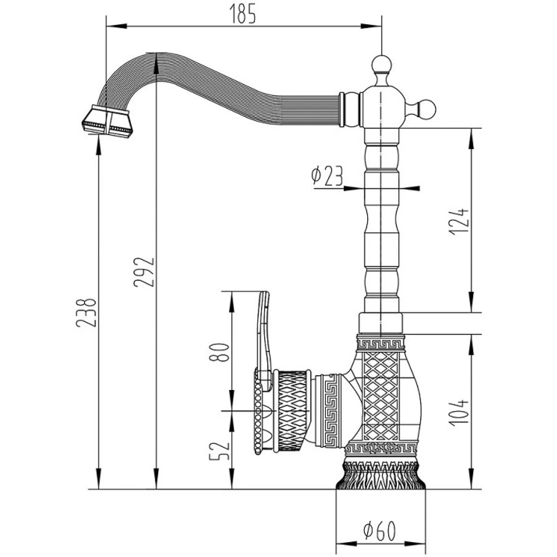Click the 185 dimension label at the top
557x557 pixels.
coord(243,13)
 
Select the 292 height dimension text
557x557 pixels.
coord(144,272)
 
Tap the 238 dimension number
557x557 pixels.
coord(86,313)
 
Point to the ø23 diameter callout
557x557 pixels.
coord(327,176)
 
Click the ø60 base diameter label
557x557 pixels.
coord(380,531)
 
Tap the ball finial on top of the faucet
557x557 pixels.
coord(382,65)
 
